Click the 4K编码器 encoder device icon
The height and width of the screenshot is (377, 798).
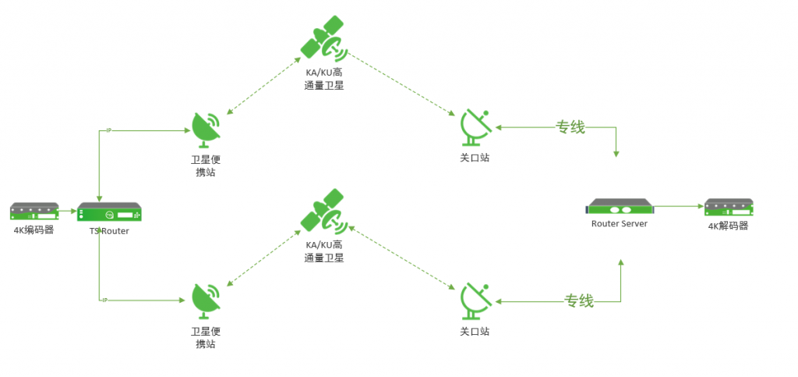pyautogui.click(x=34, y=212)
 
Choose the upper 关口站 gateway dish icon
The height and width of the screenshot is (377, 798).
pyautogui.click(x=475, y=126)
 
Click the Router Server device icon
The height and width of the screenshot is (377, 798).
pyautogui.click(x=619, y=208)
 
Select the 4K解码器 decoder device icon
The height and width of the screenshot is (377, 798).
pyautogui.click(x=729, y=208)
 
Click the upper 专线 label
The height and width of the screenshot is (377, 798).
pyautogui.click(x=570, y=127)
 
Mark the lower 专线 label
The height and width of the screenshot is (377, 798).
pyautogui.click(x=579, y=301)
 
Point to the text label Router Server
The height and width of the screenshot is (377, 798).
pyautogui.click(x=619, y=224)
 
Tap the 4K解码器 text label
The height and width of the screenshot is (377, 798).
pyautogui.click(x=728, y=226)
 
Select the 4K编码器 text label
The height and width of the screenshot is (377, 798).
pyautogui.click(x=34, y=229)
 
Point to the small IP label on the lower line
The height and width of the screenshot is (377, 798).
pyautogui.click(x=104, y=301)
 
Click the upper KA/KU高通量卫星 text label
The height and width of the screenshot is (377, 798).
pyautogui.click(x=324, y=79)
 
